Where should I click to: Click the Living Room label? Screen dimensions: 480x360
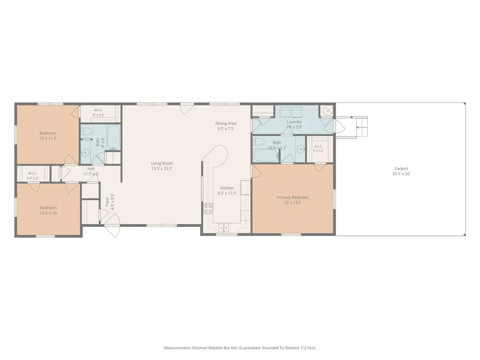tap(162, 164)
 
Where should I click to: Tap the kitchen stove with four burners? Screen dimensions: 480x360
tap(208, 209)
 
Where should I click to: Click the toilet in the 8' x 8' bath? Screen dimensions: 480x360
tap(87, 132)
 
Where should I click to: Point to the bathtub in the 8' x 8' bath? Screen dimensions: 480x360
tap(114, 138)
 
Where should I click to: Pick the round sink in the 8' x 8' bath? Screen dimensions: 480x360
tap(85, 152)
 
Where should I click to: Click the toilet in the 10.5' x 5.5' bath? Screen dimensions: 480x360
tap(259, 142)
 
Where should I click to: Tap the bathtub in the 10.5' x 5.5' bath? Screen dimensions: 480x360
tap(266, 156)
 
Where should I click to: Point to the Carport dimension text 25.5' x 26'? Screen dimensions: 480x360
tap(401, 174)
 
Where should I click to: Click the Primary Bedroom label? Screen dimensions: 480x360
tap(292, 197)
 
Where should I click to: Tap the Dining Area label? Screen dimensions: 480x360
tap(226, 123)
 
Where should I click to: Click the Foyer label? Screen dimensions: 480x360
tap(107, 202)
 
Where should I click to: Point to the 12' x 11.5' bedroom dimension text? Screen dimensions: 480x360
tap(48, 138)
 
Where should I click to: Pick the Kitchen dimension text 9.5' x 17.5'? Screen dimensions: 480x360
tap(227, 194)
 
